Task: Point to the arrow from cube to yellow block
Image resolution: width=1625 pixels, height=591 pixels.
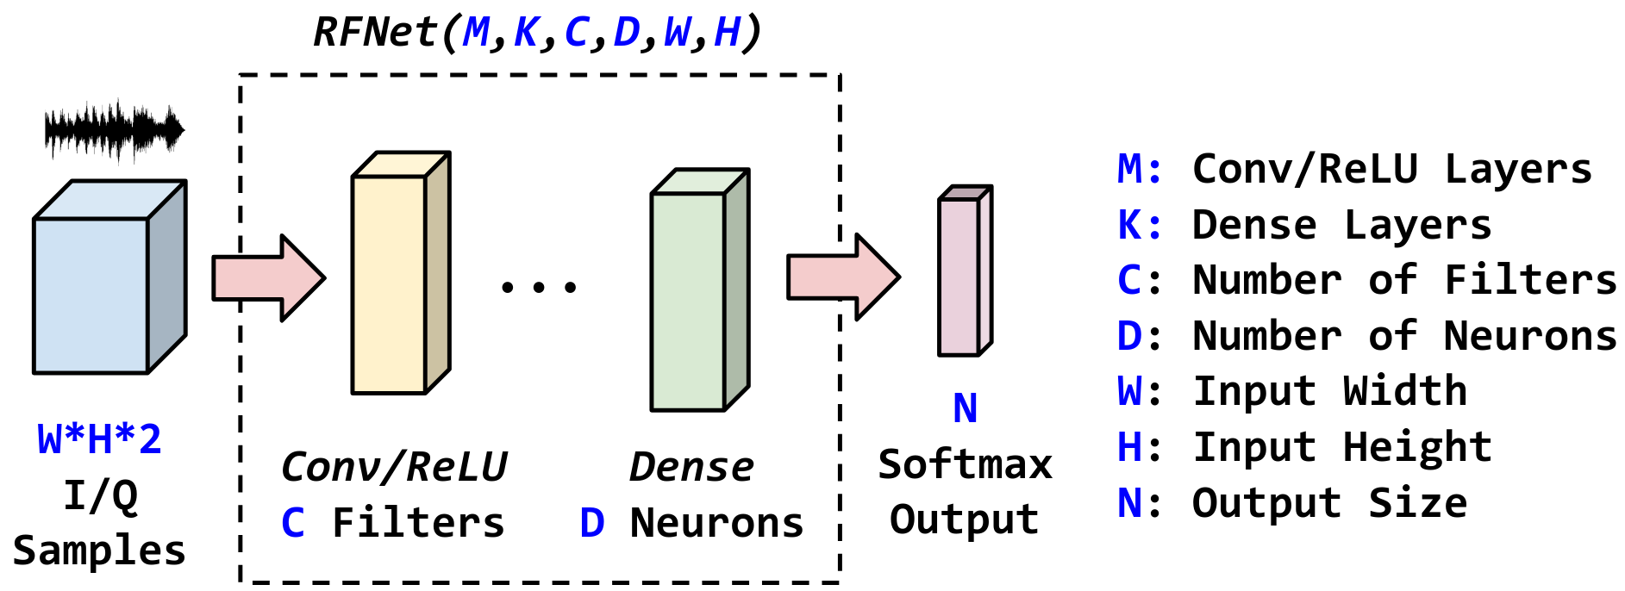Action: (x=268, y=278)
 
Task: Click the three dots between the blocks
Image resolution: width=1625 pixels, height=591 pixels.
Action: (x=539, y=287)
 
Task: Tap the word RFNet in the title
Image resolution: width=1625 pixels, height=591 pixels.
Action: (x=375, y=33)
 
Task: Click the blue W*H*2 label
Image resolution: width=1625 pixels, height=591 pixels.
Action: (x=99, y=439)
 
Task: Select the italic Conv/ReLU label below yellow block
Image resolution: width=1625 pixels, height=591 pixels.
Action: (x=394, y=467)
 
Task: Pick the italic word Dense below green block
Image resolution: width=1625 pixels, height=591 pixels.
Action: (x=691, y=467)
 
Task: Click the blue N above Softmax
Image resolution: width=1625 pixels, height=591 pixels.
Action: (x=965, y=408)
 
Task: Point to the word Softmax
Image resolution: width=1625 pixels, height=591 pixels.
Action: (x=965, y=464)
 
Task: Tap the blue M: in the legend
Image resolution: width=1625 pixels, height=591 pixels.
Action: (x=1139, y=169)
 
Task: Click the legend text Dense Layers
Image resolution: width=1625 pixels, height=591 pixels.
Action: (x=1341, y=225)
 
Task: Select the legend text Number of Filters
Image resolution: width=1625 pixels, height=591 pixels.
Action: (x=1404, y=280)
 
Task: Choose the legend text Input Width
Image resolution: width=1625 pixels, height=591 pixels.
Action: (x=1329, y=391)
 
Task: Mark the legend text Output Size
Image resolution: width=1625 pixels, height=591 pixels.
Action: (x=1329, y=503)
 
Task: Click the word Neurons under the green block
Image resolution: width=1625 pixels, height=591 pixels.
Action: (x=716, y=523)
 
